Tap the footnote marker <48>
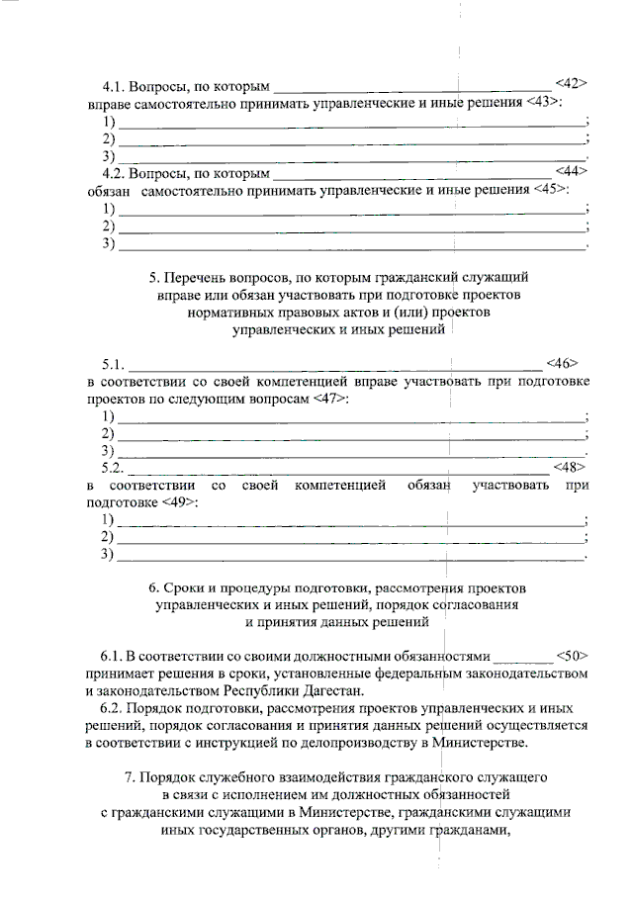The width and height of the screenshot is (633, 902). (570, 467)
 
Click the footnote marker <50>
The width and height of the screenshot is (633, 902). (573, 656)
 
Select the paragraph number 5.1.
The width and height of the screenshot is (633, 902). (113, 364)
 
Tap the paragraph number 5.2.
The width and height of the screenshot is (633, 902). (113, 467)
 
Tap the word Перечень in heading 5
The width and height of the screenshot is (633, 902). (199, 278)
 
